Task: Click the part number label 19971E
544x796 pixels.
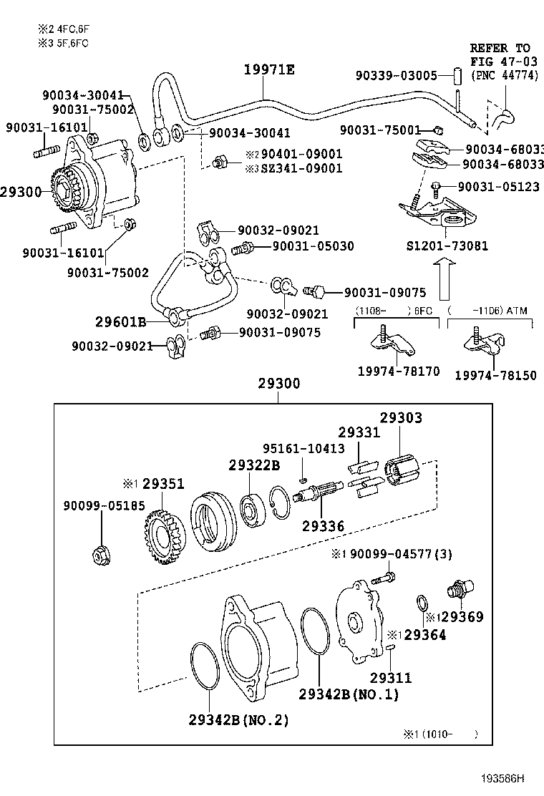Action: point(268,69)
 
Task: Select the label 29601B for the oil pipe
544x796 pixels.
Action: point(121,322)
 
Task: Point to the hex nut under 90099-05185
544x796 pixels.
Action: point(100,554)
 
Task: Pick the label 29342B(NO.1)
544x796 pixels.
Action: point(349,694)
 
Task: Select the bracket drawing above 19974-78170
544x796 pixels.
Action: point(394,344)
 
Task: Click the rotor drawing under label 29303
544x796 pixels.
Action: point(402,475)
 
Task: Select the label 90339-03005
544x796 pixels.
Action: point(396,75)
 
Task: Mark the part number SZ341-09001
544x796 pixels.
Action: point(301,168)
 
